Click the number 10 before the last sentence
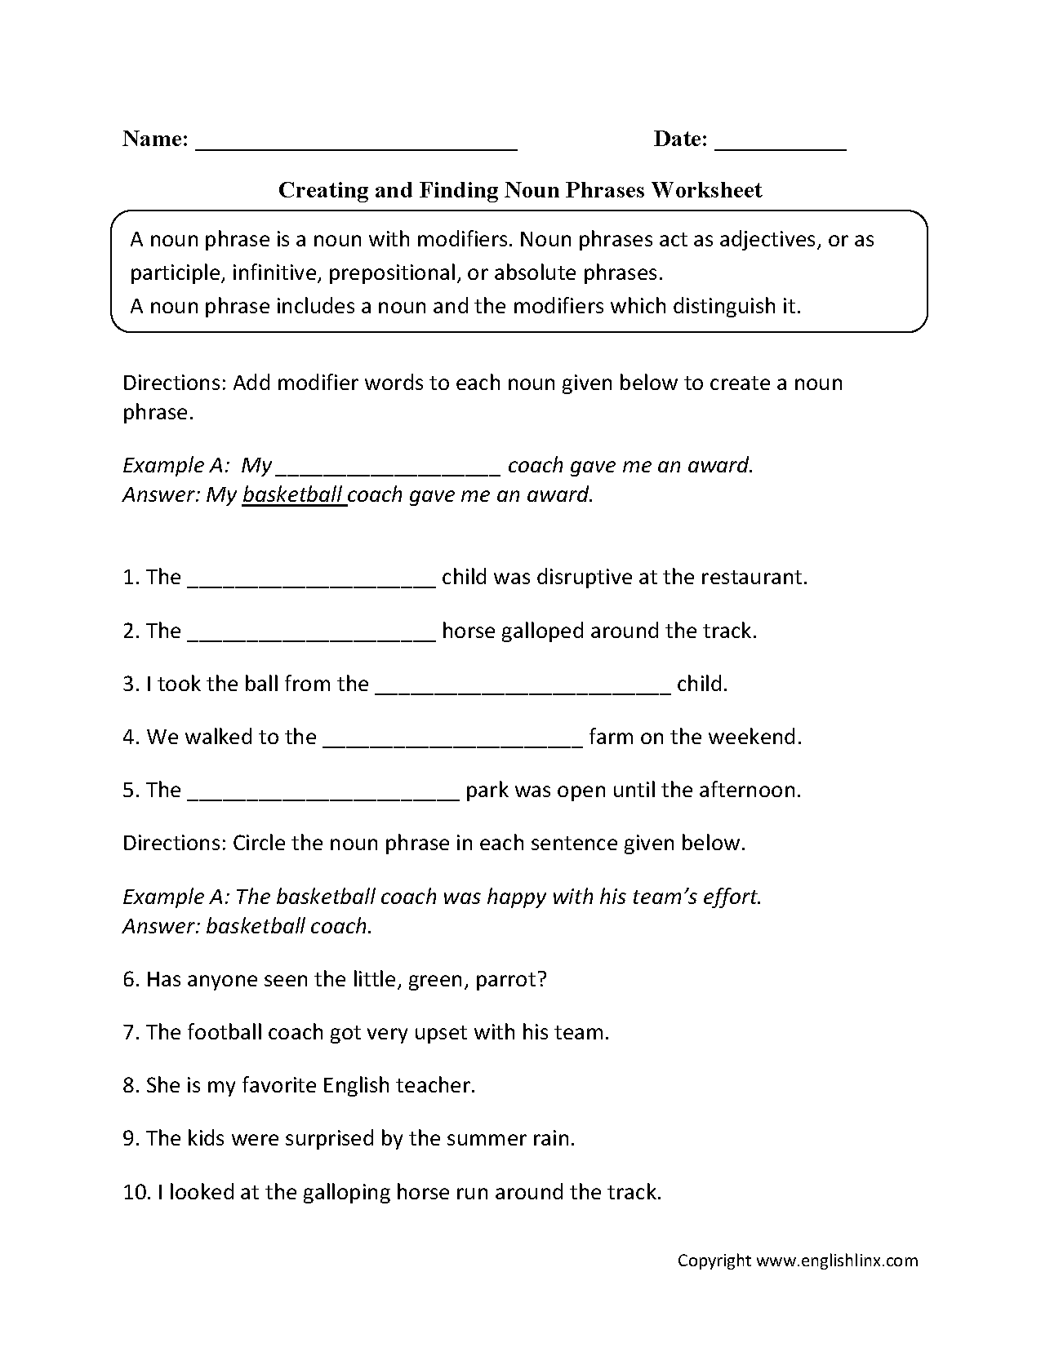pos(134,1192)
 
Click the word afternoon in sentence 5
pos(751,790)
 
